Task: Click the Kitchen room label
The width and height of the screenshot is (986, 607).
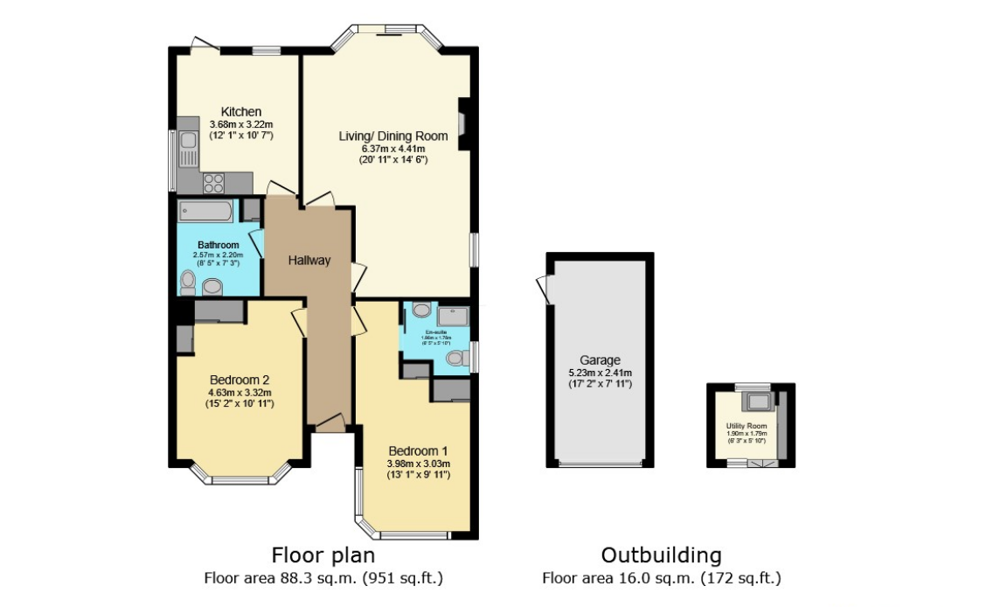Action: click(x=240, y=112)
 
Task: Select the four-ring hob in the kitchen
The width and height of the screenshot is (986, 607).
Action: click(x=214, y=183)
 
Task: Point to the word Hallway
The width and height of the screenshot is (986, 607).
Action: click(x=309, y=260)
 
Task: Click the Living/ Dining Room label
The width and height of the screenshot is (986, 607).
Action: click(x=393, y=136)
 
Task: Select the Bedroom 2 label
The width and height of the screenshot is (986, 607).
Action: click(x=240, y=380)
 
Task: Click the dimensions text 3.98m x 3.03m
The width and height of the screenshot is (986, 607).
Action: click(x=418, y=464)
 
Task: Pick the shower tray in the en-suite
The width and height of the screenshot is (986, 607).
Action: click(x=453, y=316)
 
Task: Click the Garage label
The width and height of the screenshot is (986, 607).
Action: click(x=600, y=359)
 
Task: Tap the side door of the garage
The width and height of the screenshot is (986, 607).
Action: click(x=545, y=290)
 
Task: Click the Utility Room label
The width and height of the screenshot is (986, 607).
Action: click(x=746, y=426)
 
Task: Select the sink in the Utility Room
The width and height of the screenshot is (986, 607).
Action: click(x=758, y=401)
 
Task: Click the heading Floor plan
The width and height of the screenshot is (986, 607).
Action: click(x=323, y=555)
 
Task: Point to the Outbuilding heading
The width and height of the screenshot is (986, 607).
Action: click(x=661, y=555)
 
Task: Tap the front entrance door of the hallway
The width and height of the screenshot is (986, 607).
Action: click(x=330, y=424)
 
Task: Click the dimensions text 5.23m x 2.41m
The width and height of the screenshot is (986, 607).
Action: click(x=600, y=373)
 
